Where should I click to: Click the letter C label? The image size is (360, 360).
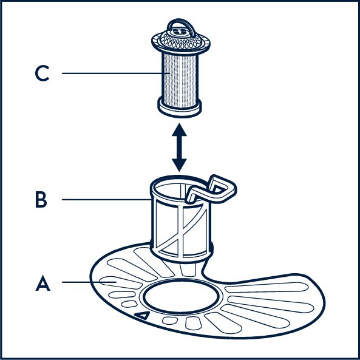point(42,73)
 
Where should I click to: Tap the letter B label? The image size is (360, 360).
point(41,200)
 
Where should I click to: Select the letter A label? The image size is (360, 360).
point(42,283)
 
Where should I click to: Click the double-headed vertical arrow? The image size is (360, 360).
point(179,148)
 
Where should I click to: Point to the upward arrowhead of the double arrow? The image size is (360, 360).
point(179,130)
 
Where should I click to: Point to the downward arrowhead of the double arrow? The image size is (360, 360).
point(179,165)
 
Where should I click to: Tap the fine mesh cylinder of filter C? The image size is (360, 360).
point(180,80)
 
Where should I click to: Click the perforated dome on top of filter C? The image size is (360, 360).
point(181,39)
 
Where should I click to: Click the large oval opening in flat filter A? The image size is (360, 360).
point(181,296)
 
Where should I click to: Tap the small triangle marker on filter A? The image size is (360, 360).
point(143,315)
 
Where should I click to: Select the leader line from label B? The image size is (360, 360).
point(106,200)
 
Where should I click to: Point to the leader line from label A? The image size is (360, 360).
point(89,282)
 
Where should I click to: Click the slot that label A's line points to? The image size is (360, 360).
point(121,283)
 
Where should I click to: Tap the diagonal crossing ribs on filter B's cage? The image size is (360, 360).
point(182,229)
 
